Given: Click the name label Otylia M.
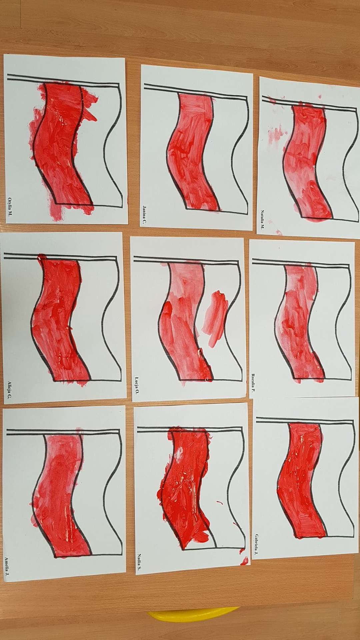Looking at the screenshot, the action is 10,203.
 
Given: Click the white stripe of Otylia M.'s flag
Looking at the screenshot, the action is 100,143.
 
